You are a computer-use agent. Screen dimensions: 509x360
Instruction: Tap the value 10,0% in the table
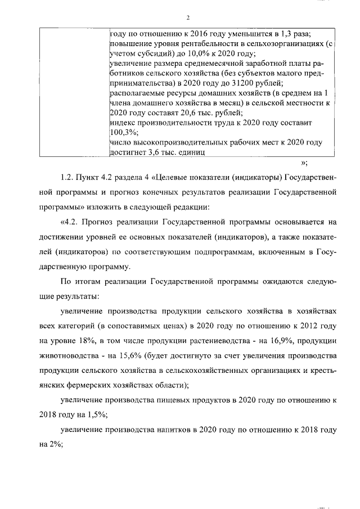[214, 54]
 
